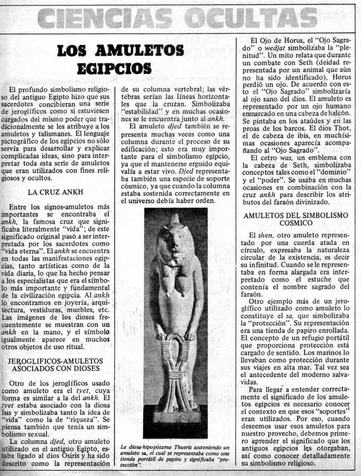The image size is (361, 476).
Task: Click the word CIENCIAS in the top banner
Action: tap(105, 19)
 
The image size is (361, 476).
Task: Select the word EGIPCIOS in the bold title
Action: tap(114, 68)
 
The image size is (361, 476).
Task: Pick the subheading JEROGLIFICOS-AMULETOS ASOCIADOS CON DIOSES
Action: tap(56, 364)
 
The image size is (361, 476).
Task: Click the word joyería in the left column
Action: tap(69, 302)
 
